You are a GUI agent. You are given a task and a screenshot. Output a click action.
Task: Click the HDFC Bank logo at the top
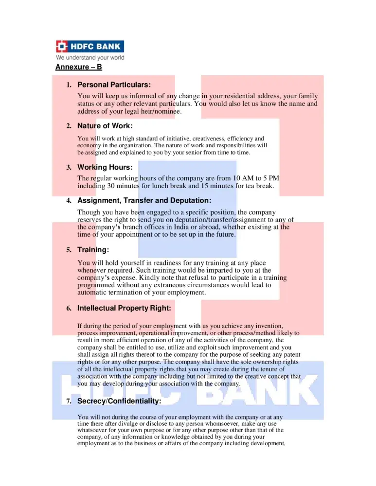coord(90,47)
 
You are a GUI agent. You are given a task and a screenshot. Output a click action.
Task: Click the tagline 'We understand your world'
coord(90,58)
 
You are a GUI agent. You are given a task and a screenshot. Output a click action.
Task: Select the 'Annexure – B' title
coord(78,67)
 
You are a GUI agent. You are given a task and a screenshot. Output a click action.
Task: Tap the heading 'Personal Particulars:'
coord(114,85)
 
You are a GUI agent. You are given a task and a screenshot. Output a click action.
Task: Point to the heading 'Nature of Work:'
coord(105,126)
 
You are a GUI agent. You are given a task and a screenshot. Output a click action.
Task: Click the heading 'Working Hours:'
coord(105,167)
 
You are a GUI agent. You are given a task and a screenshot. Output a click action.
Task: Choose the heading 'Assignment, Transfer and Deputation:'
coord(144,200)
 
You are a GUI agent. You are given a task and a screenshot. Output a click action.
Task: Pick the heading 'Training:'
coord(93,250)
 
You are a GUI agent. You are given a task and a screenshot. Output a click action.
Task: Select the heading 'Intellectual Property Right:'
coord(124,308)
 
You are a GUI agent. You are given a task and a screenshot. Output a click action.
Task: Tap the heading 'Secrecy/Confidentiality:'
coord(119,401)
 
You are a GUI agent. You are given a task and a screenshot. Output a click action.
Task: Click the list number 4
coord(69,200)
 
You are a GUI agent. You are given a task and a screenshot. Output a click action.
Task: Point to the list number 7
coord(69,401)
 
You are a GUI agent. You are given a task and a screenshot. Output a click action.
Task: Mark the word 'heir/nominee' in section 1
coord(161,111)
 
